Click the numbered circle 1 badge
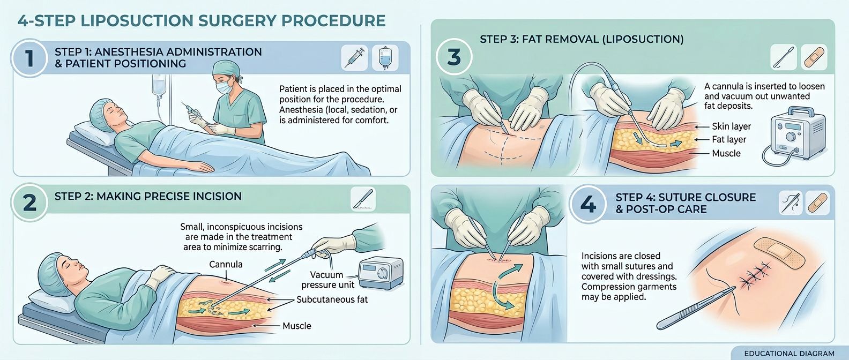(29, 58)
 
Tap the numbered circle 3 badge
(454, 57)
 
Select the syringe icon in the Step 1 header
(354, 58)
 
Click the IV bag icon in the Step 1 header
(385, 58)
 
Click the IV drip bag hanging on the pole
(158, 86)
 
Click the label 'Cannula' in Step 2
(226, 264)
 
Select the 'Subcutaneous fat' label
(332, 299)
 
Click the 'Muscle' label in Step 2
(296, 326)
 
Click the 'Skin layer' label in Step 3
(731, 126)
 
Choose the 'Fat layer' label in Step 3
(729, 139)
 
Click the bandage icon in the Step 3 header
(814, 57)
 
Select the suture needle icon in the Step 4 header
(790, 204)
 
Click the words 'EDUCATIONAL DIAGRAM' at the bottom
(789, 354)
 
